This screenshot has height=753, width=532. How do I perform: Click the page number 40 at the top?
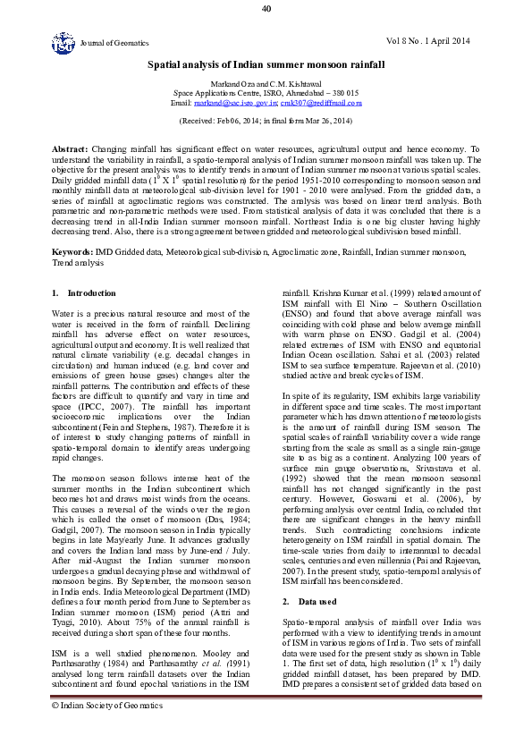point(266,9)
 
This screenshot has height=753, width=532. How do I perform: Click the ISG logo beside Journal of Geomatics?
point(63,41)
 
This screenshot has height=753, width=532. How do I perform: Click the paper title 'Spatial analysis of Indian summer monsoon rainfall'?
point(266,65)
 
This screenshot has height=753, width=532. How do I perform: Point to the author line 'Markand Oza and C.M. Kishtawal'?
point(266,83)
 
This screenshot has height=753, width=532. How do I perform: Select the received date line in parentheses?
point(266,120)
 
